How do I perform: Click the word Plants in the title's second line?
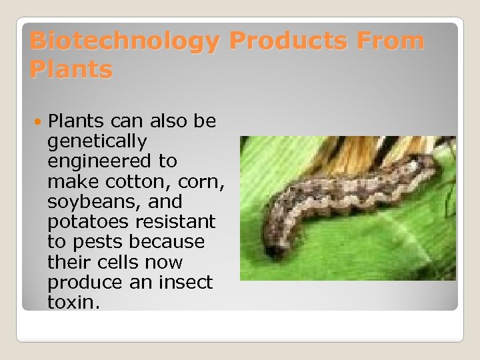(71, 69)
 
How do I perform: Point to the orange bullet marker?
(39, 122)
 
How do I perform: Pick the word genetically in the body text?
(97, 141)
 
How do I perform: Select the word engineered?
(112, 161)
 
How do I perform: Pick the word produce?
(82, 281)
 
